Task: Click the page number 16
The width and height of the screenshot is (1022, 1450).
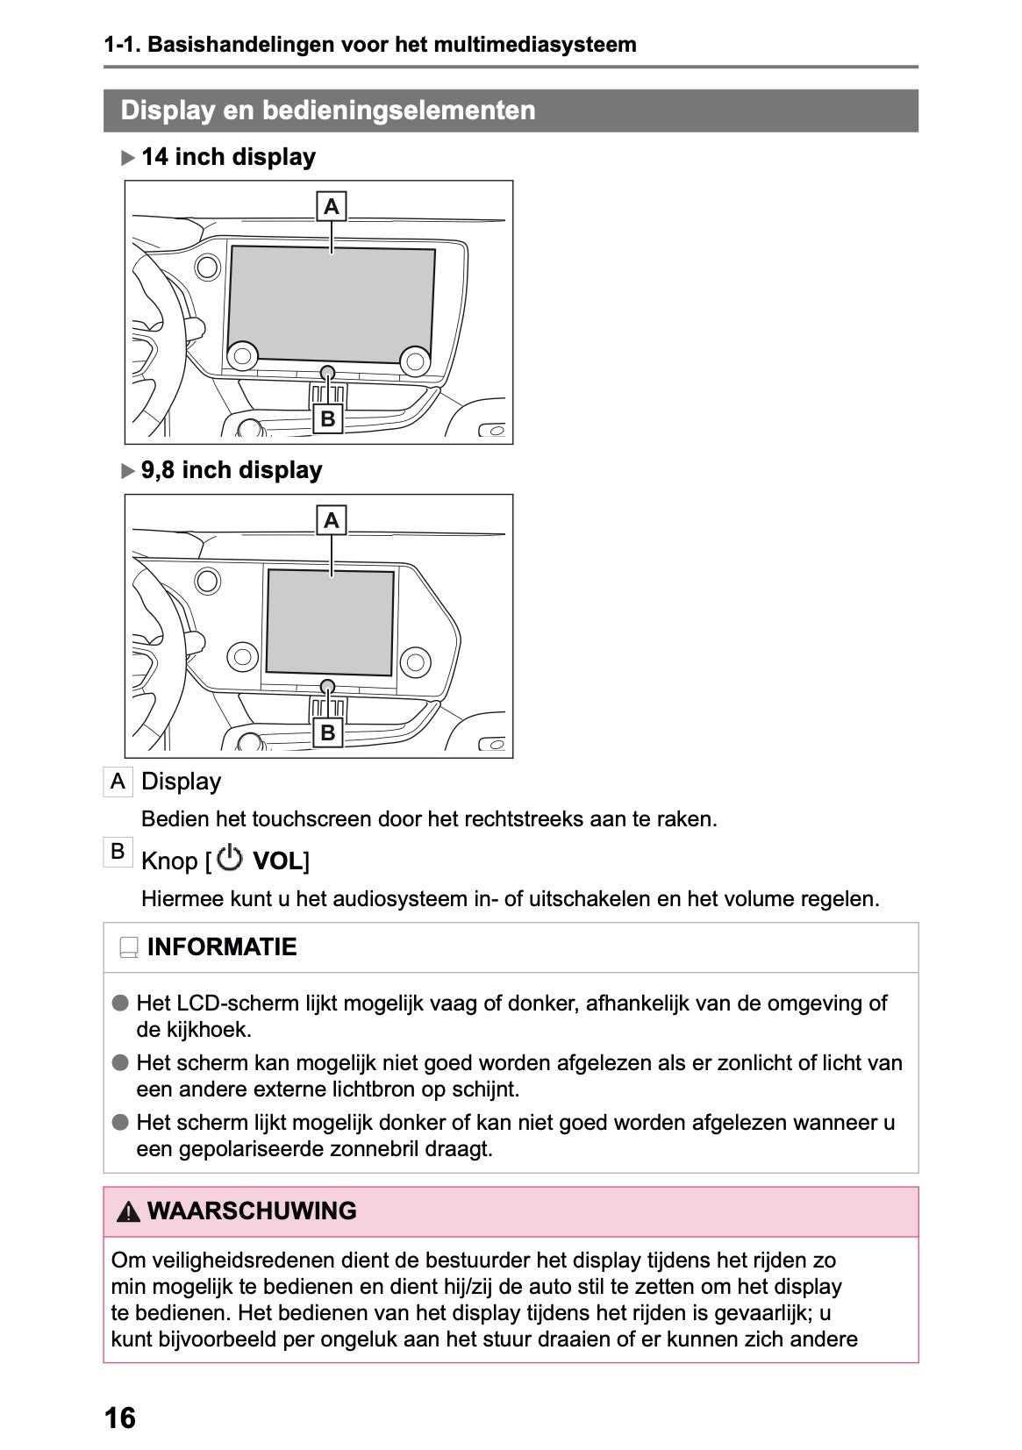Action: point(120,1418)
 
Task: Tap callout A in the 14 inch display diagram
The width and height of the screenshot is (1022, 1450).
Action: point(332,207)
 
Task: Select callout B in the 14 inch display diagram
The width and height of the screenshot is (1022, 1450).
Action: point(328,419)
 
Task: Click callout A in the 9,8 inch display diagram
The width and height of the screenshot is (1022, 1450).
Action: point(332,521)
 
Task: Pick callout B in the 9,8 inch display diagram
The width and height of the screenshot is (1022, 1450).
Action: point(328,732)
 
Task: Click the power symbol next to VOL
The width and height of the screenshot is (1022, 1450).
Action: point(230,859)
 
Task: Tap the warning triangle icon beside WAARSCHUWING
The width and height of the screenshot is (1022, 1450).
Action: point(129,1212)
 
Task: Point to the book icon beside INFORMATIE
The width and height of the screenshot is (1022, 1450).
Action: point(129,948)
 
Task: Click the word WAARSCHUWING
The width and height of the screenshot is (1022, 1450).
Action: point(252,1211)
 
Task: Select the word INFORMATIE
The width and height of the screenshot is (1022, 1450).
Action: point(222,947)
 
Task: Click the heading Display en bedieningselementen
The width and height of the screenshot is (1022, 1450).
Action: point(327,111)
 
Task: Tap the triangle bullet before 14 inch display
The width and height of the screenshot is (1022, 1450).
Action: point(129,159)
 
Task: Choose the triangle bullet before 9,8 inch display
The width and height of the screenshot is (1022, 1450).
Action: point(129,472)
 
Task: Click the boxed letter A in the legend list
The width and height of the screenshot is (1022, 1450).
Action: point(118,782)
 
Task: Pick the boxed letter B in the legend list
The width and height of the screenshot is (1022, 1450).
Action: point(118,851)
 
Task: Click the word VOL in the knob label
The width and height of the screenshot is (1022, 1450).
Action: point(276,861)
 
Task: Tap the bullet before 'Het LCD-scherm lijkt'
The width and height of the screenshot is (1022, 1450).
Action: point(120,1003)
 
